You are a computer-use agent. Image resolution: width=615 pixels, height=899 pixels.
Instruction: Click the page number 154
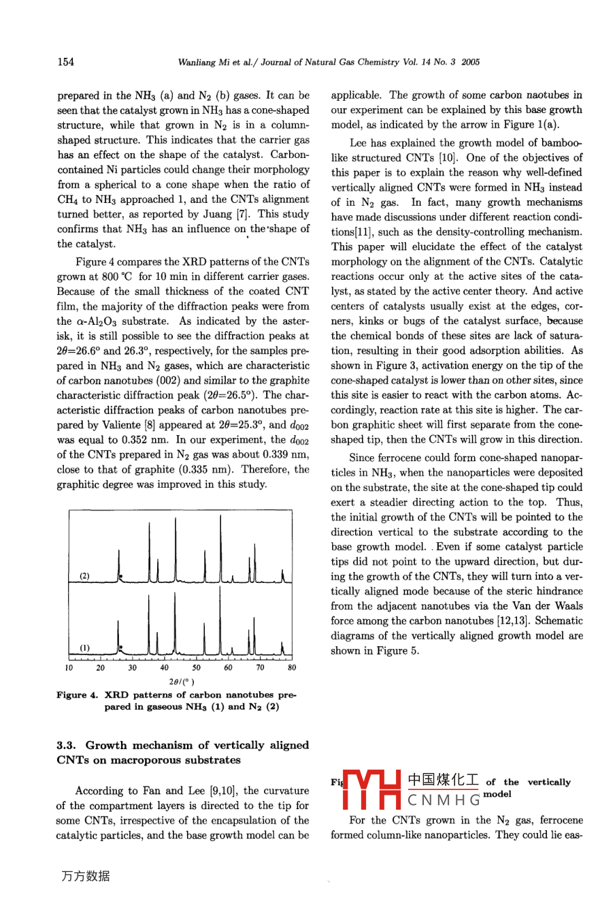(x=65, y=62)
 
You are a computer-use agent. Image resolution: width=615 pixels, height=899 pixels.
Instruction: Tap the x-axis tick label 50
(x=197, y=668)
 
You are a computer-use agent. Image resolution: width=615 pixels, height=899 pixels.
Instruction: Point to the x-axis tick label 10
(x=69, y=668)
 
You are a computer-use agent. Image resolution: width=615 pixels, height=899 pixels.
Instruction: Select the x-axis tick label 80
(x=292, y=668)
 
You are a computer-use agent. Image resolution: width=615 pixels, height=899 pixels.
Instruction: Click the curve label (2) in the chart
(x=84, y=576)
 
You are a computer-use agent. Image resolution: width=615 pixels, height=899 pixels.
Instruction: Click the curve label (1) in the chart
(x=84, y=648)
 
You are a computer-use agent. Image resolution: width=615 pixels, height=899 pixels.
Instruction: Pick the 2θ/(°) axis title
(x=182, y=681)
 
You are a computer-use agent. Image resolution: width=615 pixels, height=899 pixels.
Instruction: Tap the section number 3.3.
(x=68, y=745)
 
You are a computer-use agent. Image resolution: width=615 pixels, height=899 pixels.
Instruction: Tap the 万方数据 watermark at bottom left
(x=85, y=877)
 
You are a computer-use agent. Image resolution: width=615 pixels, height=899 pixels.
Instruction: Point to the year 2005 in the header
(x=470, y=63)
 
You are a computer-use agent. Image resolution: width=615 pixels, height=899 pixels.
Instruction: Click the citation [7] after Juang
(x=242, y=214)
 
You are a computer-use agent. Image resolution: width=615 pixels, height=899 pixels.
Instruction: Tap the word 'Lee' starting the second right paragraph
(x=358, y=143)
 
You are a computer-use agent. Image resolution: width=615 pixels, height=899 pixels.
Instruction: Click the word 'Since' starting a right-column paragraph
(x=362, y=458)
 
